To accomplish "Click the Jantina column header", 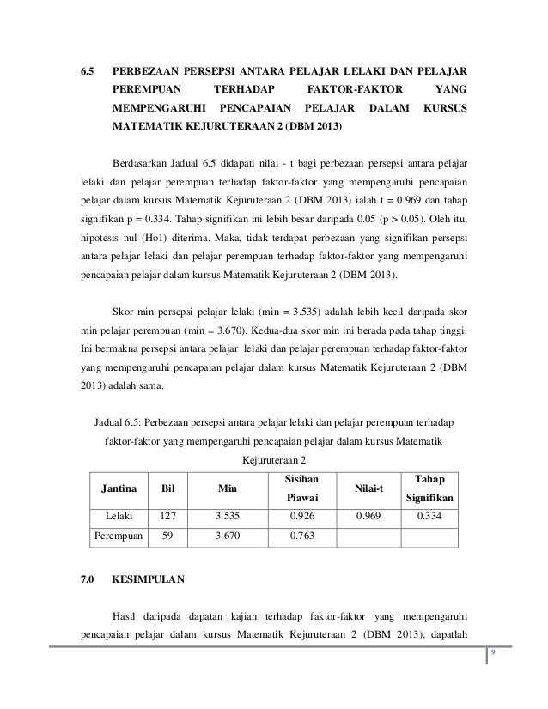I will (x=121, y=489).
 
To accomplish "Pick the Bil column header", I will (x=167, y=489).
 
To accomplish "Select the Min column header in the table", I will (x=227, y=489).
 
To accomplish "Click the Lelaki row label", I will (x=119, y=518).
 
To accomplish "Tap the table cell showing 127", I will (x=167, y=518).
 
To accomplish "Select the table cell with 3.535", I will (x=227, y=518).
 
